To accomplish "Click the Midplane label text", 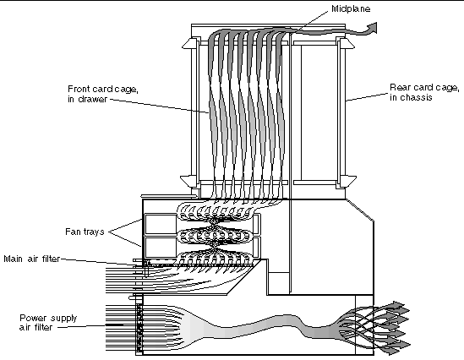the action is pos(351,9).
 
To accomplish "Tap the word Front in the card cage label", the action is pos(78,89).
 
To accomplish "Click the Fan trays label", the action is pos(85,232).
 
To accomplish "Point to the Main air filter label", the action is pos(32,259).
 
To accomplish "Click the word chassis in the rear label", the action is pos(416,97).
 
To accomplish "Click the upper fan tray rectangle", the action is pos(161,224).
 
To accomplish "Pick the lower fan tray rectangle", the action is pos(161,248).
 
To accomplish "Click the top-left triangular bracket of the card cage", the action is pos(189,44).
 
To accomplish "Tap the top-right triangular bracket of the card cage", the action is pos(347,44).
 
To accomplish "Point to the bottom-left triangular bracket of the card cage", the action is pos(188,181).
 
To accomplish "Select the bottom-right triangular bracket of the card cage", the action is pos(348,181).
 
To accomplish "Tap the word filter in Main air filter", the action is pos(51,259).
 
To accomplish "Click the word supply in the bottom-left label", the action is pos(63,319).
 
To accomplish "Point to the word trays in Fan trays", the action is pos(93,232).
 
